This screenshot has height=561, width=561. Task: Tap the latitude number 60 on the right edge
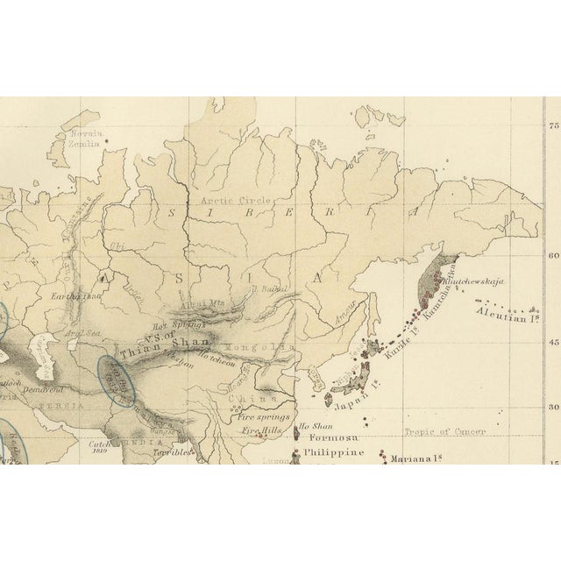[x=553, y=256]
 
